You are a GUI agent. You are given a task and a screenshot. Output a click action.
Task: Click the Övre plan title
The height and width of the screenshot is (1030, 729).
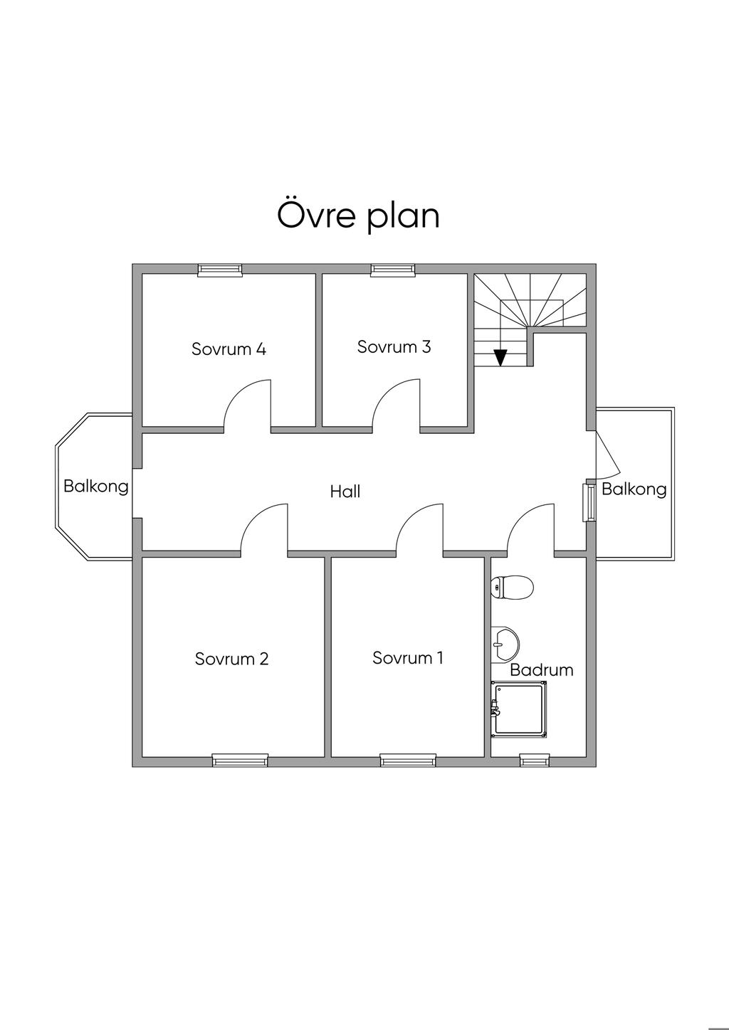359,216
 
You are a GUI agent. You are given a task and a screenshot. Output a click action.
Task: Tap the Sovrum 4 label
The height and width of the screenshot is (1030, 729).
229,349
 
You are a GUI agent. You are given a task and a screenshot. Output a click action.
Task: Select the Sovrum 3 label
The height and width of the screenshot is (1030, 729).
394,346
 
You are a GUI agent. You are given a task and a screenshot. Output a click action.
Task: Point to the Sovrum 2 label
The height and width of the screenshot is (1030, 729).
231,659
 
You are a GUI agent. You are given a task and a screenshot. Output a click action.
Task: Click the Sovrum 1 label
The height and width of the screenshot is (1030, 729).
408,658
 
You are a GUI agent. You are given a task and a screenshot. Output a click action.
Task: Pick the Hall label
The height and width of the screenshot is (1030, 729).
345,492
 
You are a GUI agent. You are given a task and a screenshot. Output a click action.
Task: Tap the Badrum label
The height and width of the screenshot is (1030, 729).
542,670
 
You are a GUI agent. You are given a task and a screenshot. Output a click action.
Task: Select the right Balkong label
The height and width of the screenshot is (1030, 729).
634,489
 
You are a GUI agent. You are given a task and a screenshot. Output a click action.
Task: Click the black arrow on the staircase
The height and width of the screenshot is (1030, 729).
500,357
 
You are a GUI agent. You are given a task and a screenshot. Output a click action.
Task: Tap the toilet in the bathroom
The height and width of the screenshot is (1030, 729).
513,587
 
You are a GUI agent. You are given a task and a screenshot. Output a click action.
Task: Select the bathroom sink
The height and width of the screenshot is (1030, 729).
505,644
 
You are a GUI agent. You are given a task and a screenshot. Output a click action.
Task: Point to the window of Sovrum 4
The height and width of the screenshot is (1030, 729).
220,270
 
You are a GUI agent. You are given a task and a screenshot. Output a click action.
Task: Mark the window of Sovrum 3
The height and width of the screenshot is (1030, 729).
393,270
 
